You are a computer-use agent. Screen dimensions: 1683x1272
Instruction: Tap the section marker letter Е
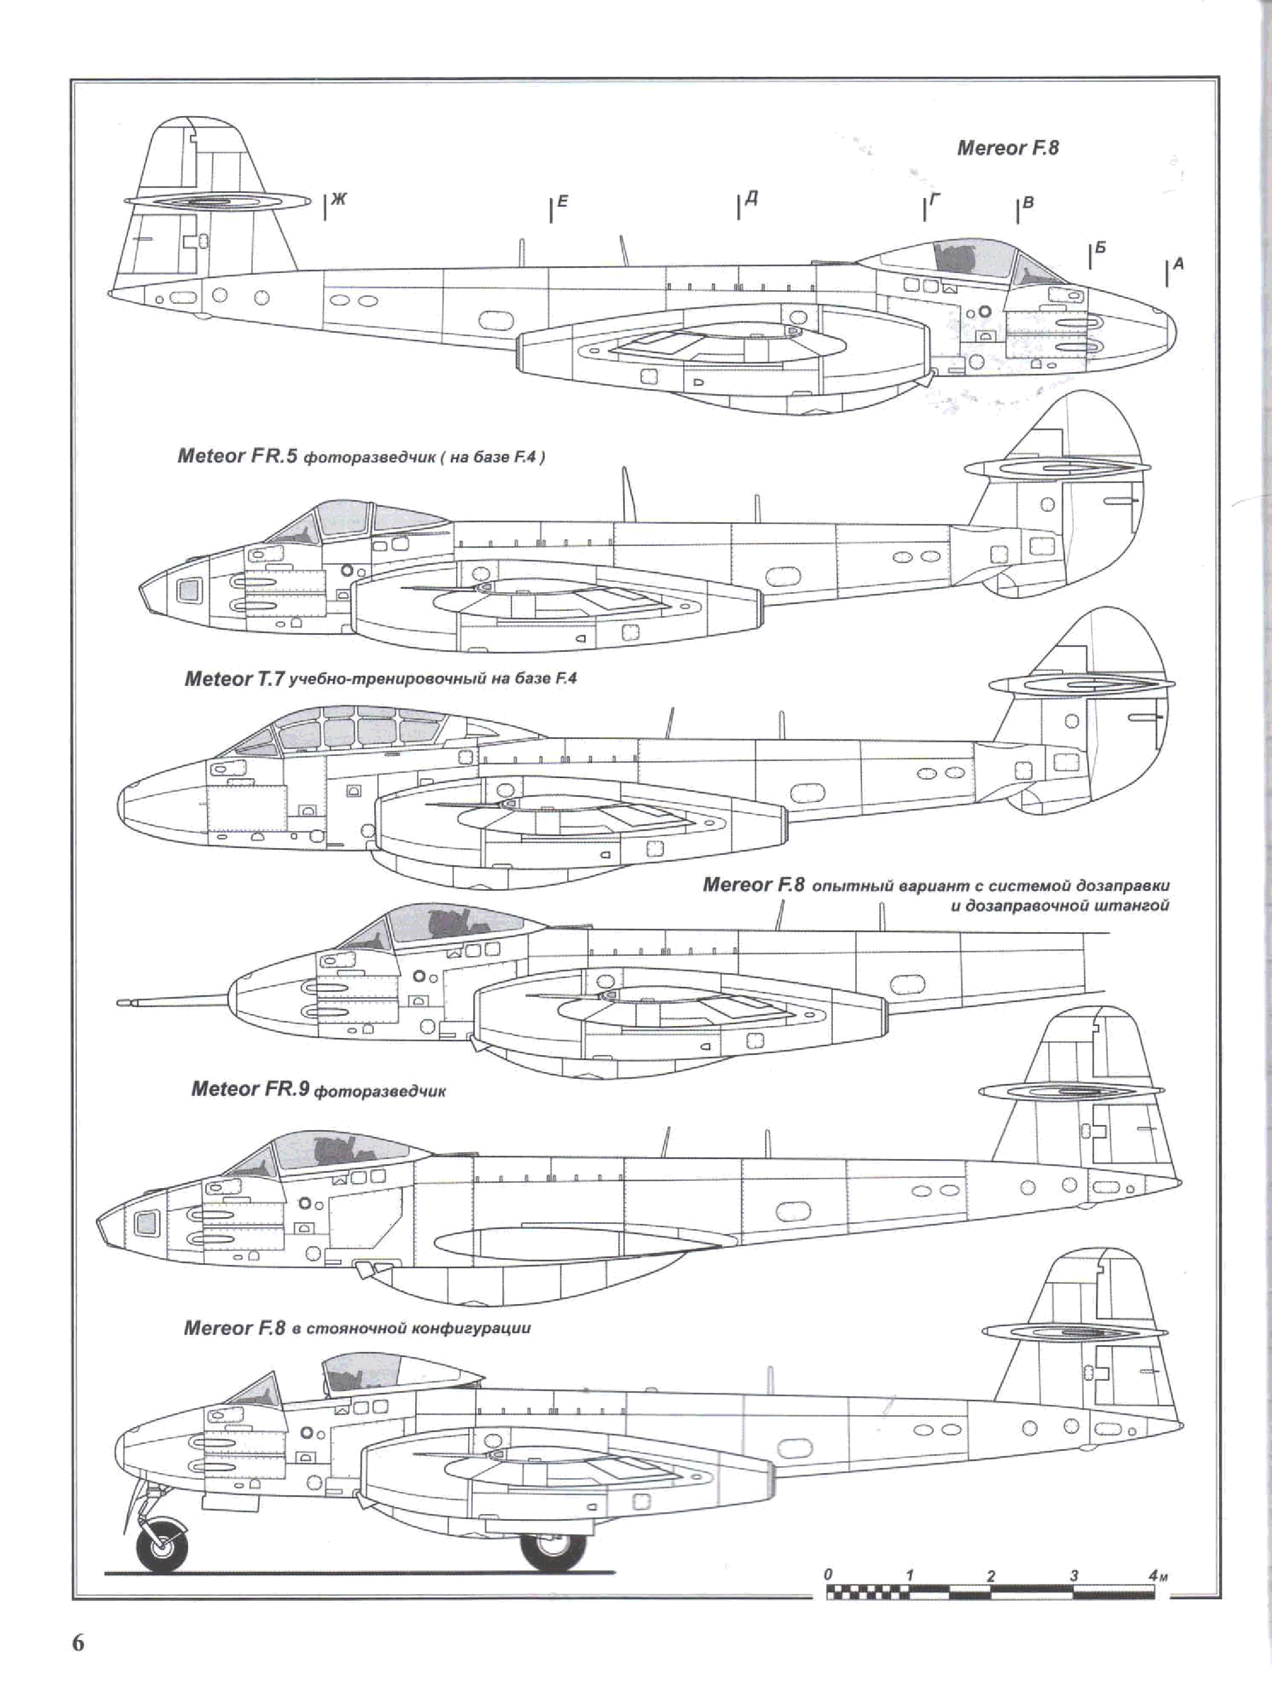click(562, 201)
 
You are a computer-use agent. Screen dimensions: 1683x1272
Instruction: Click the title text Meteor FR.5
click(237, 457)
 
